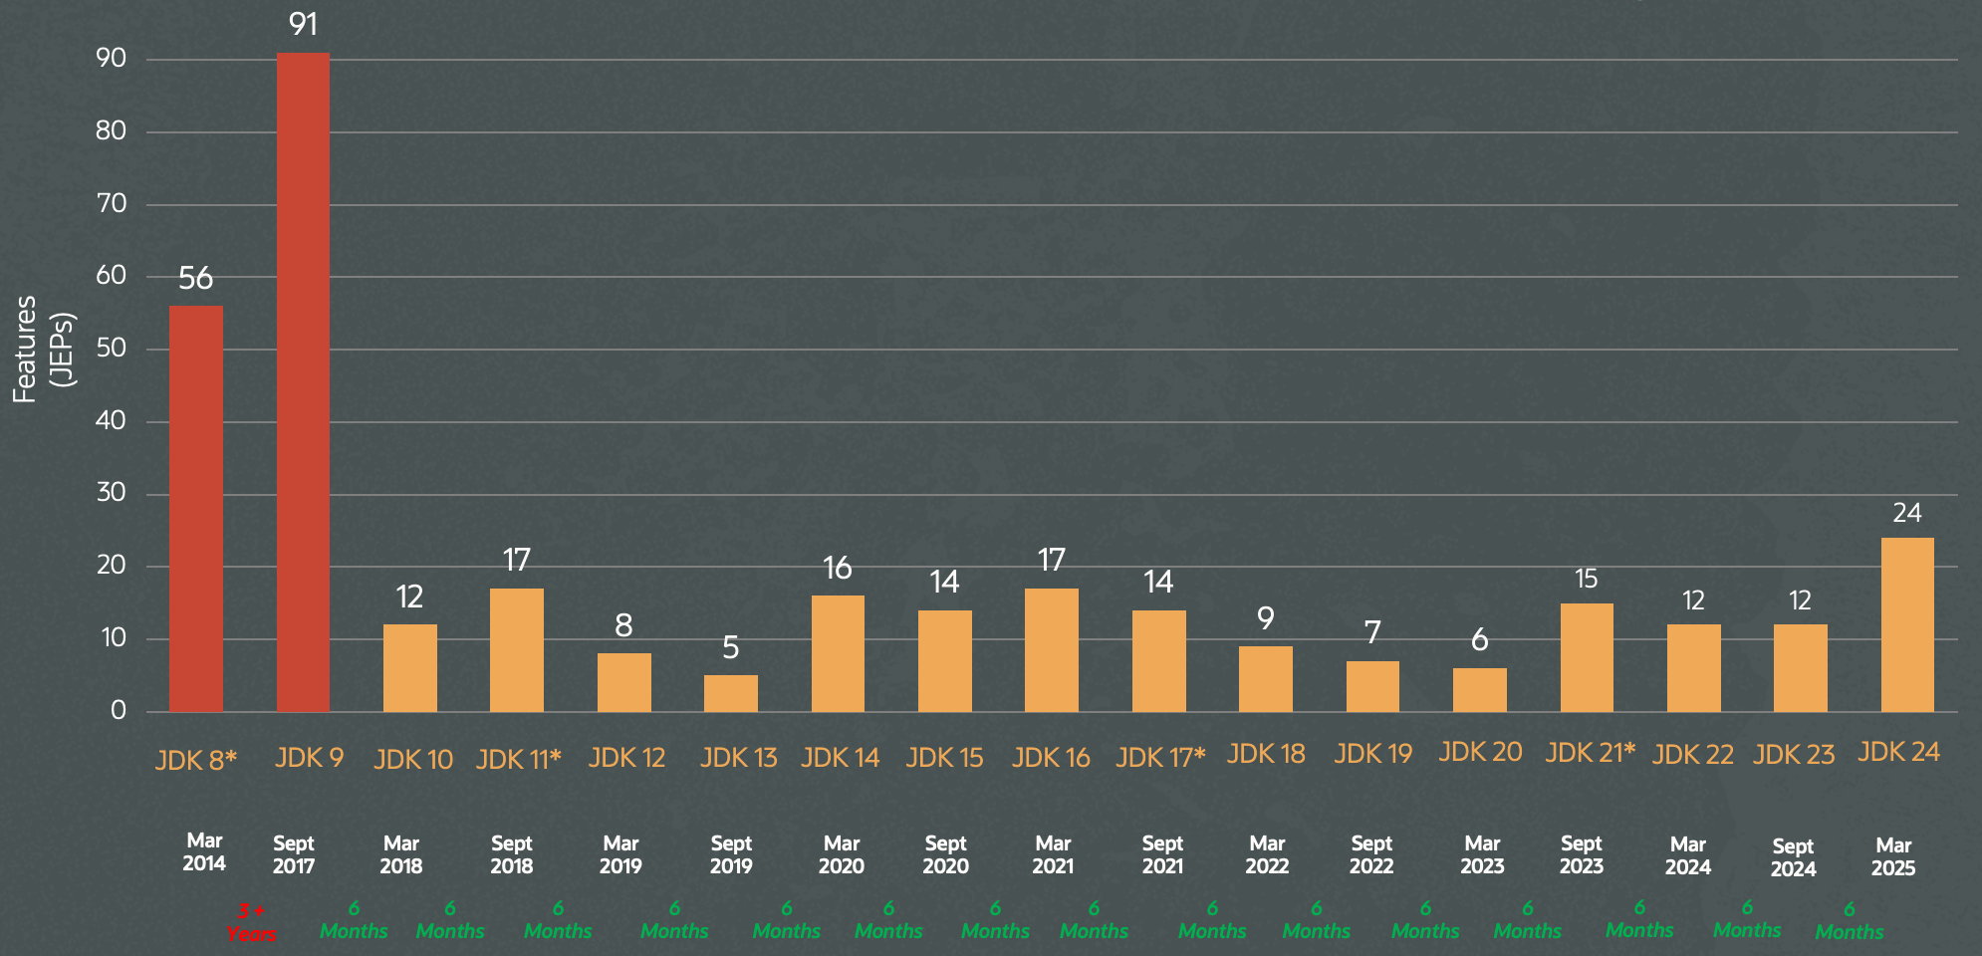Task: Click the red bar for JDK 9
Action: click(x=303, y=382)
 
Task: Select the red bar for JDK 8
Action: click(x=196, y=509)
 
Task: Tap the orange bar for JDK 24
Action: click(x=1907, y=624)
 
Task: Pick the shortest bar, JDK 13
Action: click(x=731, y=693)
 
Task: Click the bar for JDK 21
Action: click(x=1587, y=657)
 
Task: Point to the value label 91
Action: click(x=303, y=23)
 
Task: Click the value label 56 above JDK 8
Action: click(x=196, y=278)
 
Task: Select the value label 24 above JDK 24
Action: click(x=1906, y=513)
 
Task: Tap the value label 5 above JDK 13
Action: click(x=731, y=647)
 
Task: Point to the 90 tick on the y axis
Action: click(x=112, y=59)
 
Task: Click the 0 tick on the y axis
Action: click(x=119, y=710)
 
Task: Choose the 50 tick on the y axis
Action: click(x=112, y=349)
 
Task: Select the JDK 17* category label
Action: click(x=1160, y=758)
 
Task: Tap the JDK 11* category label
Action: click(x=518, y=760)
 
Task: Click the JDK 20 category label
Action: click(x=1480, y=753)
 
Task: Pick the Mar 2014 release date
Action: click(x=204, y=852)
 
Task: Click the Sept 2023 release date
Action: click(x=1581, y=854)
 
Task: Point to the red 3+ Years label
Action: click(x=251, y=922)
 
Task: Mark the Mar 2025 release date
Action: click(x=1892, y=856)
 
